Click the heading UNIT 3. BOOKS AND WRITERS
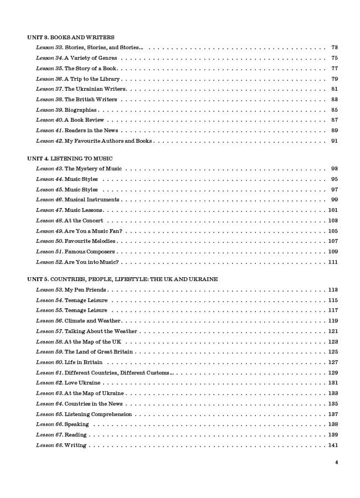[x=71, y=37]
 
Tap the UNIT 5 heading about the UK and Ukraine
[x=122, y=279]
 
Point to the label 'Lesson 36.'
[x=49, y=79]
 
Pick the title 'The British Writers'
[x=91, y=100]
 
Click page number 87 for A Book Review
[x=335, y=120]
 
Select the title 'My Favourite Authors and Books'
[x=108, y=141]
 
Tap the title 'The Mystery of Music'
[x=93, y=169]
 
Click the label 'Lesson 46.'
[x=49, y=200]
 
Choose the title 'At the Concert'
[x=84, y=221]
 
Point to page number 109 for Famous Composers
[x=333, y=252]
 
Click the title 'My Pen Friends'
[x=85, y=290]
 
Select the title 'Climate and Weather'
[x=92, y=321]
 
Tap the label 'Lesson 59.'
[x=49, y=352]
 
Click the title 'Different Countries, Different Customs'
[x=118, y=373]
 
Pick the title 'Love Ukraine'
[x=83, y=383]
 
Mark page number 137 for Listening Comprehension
[x=333, y=414]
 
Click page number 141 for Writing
[x=333, y=445]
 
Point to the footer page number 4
[x=336, y=463]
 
